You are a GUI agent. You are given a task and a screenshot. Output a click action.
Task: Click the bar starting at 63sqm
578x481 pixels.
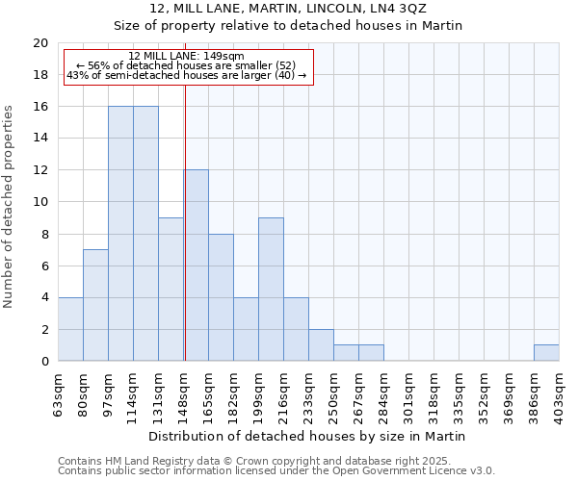(x=70, y=329)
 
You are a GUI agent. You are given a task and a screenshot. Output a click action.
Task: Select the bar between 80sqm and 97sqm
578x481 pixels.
(x=95, y=305)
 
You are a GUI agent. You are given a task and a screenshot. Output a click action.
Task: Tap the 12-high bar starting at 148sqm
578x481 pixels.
(x=197, y=266)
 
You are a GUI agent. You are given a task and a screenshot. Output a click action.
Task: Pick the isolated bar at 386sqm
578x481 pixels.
(x=546, y=353)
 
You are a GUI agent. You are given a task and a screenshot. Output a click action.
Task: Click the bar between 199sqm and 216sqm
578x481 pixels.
(x=271, y=290)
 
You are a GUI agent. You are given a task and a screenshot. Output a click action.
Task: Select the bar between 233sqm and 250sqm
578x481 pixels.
(x=321, y=345)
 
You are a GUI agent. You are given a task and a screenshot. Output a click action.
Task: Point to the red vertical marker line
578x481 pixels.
(x=184, y=221)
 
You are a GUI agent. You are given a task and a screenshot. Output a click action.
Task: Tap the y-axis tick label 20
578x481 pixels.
(x=39, y=43)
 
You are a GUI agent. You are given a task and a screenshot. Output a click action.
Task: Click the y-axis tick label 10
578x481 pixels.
(x=39, y=202)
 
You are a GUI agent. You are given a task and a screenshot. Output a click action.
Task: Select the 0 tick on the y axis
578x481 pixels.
(x=43, y=362)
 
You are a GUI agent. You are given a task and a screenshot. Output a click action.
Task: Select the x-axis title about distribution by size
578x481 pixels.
(x=308, y=436)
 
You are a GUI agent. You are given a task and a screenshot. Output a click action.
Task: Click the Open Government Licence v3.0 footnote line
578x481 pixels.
(x=276, y=471)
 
